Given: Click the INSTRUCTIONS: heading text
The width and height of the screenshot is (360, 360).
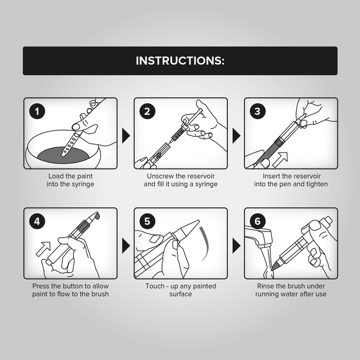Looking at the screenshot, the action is [180, 61].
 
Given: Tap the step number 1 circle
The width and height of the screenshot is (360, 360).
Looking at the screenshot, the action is [37, 112].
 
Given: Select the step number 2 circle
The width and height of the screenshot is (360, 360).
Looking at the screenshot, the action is [148, 112].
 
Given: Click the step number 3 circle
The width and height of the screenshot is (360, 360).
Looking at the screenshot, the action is [258, 112].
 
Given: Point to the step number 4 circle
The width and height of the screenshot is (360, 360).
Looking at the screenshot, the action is [37, 221].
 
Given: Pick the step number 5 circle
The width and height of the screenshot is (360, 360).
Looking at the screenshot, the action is [148, 221].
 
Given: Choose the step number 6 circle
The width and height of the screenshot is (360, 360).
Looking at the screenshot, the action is [258, 221].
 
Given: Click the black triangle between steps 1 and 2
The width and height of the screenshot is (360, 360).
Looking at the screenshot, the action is [125, 136].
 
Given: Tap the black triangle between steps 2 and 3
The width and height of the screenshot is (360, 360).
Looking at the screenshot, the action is [236, 136].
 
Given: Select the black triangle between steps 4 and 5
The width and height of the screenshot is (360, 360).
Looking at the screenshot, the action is [125, 246].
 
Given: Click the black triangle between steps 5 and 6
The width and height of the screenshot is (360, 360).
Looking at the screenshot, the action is [236, 246].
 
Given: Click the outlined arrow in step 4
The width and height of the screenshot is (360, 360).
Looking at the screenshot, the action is [44, 248].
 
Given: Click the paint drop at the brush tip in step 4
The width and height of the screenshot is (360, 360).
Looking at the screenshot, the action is [98, 215].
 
